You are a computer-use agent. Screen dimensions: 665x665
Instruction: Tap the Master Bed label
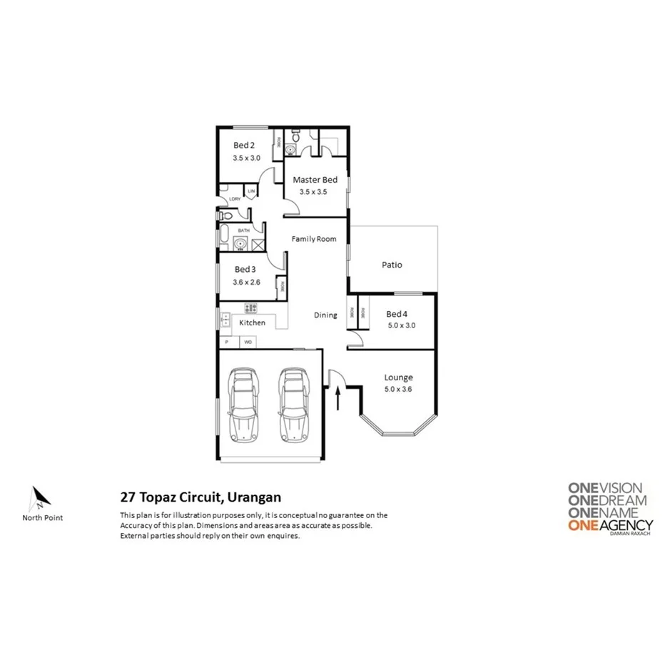315,180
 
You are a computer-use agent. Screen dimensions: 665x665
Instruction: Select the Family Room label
313,239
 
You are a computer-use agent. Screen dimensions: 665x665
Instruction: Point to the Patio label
392,265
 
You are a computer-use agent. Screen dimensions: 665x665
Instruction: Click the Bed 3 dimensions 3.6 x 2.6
246,283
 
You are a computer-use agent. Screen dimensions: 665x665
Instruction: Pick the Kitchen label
252,323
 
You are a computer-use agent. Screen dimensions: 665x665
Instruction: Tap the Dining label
325,315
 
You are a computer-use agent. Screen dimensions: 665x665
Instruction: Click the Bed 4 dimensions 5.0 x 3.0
400,325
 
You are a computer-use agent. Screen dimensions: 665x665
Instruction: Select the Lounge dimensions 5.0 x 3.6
398,389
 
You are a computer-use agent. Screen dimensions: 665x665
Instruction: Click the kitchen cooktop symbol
251,308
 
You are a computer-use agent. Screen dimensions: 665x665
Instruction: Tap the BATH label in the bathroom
244,230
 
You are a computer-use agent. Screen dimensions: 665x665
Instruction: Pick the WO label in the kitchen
248,342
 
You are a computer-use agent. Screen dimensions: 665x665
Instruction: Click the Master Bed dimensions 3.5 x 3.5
314,192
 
